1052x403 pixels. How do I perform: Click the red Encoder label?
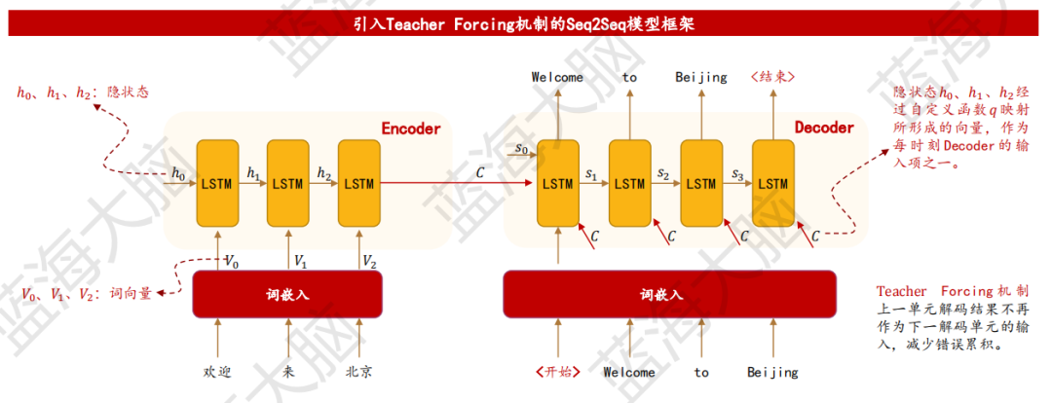410,128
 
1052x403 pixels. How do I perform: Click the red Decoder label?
824,128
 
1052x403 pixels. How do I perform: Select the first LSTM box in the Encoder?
216,183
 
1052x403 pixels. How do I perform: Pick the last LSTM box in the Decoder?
772,183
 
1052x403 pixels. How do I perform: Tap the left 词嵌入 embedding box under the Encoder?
288,294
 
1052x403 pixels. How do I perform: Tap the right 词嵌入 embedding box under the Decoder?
668,294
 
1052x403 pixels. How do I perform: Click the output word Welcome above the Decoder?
557,77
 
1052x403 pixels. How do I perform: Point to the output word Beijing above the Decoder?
701,77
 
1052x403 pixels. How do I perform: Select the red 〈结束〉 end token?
772,77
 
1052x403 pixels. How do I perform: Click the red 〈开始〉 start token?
557,372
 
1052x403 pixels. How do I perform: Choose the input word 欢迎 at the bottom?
217,372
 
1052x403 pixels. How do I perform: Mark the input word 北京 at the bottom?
358,372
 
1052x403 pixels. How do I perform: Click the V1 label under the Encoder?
301,261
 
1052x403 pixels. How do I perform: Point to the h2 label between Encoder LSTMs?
323,172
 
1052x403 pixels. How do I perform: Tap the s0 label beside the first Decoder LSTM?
521,151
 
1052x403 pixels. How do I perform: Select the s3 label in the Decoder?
737,174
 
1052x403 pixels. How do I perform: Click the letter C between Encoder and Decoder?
479,172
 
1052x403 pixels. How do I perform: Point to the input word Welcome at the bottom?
629,372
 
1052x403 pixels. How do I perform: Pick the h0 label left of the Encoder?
178,173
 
